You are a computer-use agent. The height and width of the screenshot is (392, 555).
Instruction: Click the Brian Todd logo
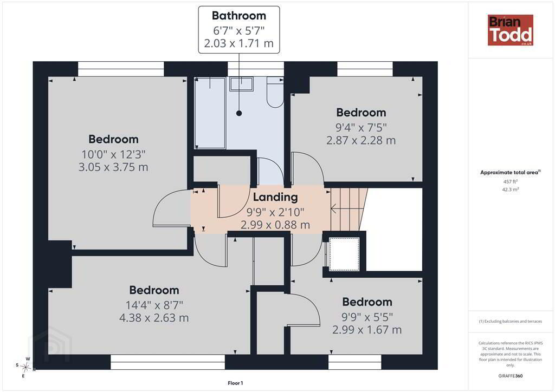click(x=511, y=30)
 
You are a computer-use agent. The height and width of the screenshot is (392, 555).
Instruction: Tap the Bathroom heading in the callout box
click(x=239, y=16)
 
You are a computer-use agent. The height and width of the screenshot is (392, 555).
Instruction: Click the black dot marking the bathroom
click(x=239, y=113)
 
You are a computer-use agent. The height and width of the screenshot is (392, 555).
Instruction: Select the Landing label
click(x=275, y=197)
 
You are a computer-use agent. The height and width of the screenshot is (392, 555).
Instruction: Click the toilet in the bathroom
click(x=275, y=92)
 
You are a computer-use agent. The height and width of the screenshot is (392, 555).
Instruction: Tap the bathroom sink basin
click(x=241, y=84)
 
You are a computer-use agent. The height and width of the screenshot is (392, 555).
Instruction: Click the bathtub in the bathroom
click(x=210, y=113)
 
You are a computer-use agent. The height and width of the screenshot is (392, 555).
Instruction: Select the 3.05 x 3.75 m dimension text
click(x=113, y=167)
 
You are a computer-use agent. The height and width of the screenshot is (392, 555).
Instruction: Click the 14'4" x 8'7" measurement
click(x=154, y=305)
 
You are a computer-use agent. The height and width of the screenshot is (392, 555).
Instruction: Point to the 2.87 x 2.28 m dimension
click(x=361, y=140)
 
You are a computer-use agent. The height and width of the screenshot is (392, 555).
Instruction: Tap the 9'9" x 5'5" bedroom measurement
click(x=367, y=317)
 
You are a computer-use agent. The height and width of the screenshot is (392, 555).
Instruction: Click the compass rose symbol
click(x=25, y=368)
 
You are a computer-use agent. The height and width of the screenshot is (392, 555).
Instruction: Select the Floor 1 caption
click(x=235, y=383)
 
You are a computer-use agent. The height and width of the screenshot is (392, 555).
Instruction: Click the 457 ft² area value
click(x=511, y=182)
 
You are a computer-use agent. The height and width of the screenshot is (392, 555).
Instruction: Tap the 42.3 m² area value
click(x=511, y=190)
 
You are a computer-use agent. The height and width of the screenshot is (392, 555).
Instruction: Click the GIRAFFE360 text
click(x=511, y=376)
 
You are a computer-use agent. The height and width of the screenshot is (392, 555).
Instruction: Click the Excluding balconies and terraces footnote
click(x=511, y=321)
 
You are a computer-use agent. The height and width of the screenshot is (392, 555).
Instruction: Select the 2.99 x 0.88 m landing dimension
click(x=275, y=225)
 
